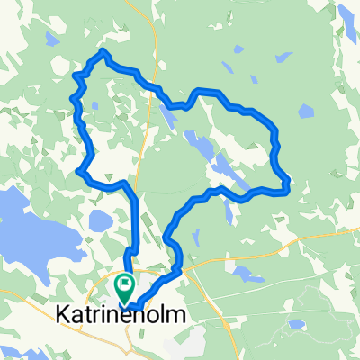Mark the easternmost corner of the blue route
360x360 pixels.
286,184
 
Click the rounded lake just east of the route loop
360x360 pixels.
305,112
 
